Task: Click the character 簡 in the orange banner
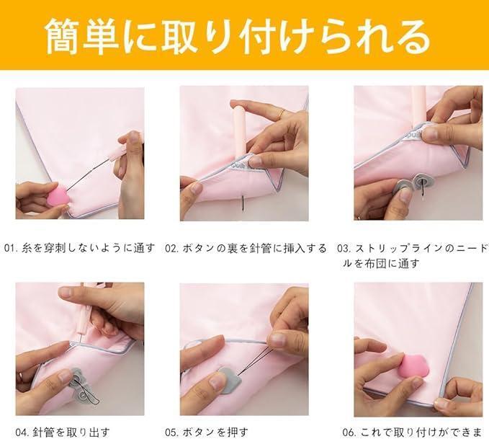[63, 36]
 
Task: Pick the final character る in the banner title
[411, 36]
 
